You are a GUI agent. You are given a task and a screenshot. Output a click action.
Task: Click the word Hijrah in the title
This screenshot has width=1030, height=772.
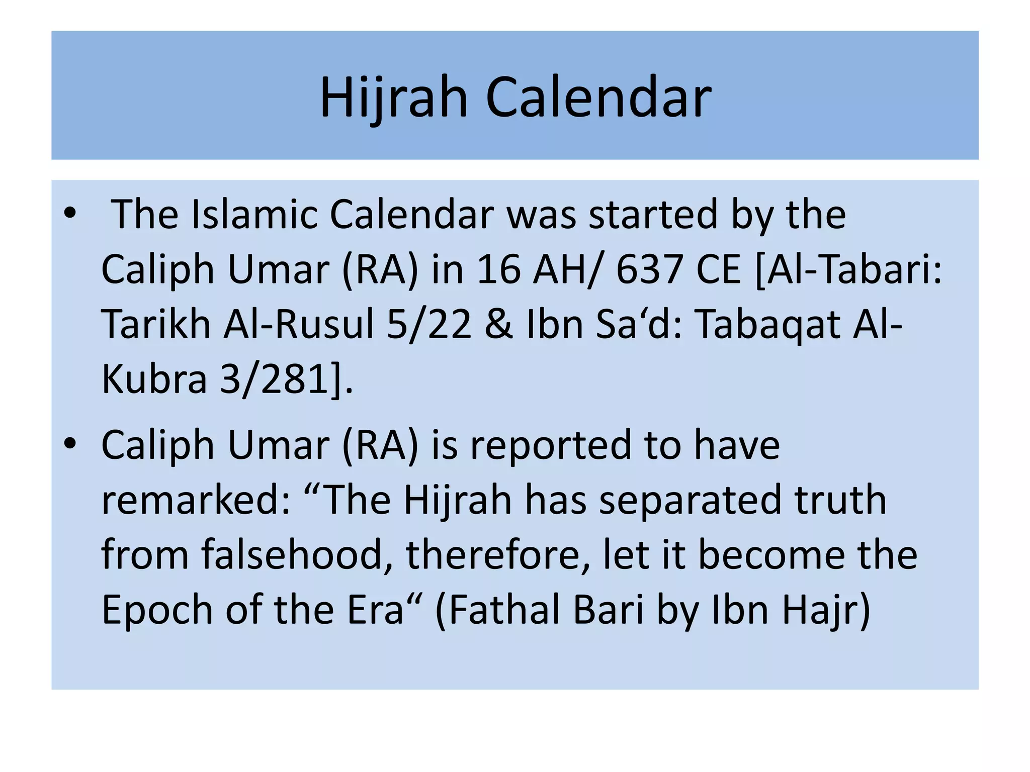394,98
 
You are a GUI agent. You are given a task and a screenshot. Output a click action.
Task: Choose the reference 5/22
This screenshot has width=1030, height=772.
429,325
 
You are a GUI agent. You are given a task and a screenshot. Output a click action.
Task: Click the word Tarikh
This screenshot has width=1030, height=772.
156,325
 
